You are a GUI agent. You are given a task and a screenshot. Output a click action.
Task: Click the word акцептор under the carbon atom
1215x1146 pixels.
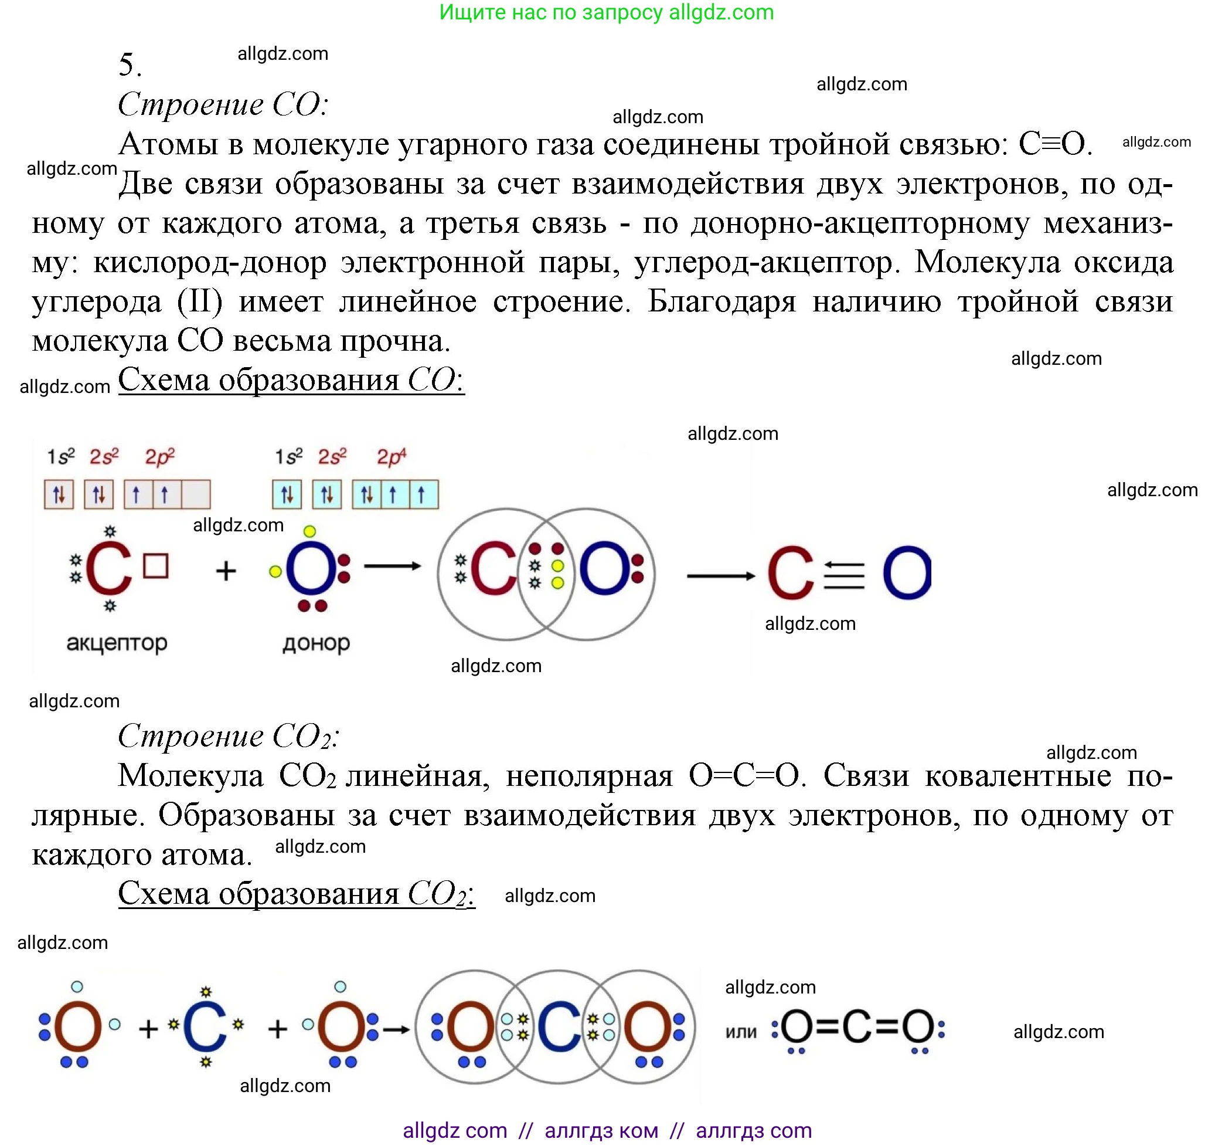(116, 643)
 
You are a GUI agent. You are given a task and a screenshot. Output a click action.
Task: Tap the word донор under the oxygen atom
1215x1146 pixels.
(316, 643)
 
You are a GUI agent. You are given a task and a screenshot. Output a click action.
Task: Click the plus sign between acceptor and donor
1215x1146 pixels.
(226, 571)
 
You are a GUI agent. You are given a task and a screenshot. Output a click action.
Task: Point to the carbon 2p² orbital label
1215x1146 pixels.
(159, 456)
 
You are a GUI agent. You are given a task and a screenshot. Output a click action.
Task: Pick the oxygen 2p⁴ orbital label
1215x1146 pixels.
(391, 456)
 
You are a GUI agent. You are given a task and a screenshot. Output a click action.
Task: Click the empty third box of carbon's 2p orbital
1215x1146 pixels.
(196, 494)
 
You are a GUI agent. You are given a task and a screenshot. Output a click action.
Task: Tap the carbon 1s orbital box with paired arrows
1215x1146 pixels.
(59, 494)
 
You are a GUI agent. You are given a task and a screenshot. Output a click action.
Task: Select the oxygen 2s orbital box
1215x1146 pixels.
(327, 494)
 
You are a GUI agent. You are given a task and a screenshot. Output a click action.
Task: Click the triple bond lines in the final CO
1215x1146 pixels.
(844, 575)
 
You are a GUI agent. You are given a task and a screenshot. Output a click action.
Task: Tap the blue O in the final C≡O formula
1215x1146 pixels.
(906, 573)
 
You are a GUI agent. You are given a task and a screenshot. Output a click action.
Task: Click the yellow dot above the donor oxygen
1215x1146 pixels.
(310, 531)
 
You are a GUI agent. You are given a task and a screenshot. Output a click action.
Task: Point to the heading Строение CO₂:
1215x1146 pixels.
(228, 736)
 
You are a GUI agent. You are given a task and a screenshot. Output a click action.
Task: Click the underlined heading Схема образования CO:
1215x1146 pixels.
(291, 381)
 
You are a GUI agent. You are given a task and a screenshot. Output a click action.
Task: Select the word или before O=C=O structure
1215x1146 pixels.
(741, 1032)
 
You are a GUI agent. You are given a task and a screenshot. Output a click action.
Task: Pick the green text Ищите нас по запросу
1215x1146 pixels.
(550, 12)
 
